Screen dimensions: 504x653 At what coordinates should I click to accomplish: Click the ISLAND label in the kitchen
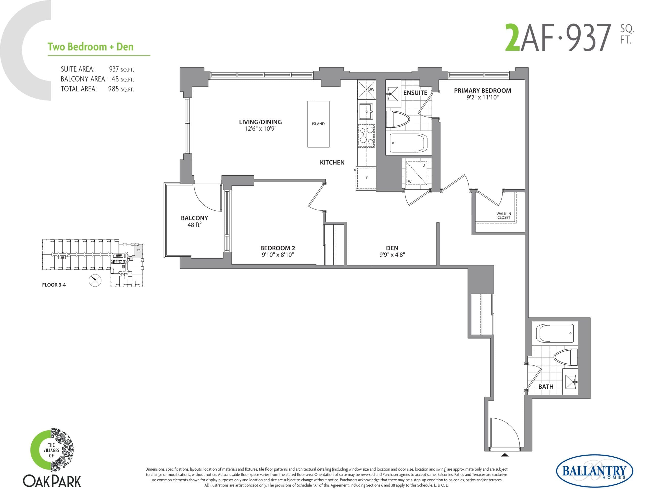click(318, 124)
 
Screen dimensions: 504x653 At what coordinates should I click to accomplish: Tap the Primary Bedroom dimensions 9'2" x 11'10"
click(482, 97)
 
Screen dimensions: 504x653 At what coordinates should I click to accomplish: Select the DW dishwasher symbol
click(371, 89)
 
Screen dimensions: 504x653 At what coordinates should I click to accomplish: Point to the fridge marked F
click(367, 178)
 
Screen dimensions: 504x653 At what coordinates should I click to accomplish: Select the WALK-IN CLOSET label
click(504, 215)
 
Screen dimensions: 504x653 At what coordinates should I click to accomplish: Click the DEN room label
click(392, 248)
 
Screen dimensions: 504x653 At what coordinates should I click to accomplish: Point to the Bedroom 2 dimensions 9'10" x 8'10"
click(278, 255)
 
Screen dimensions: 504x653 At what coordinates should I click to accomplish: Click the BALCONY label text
click(194, 218)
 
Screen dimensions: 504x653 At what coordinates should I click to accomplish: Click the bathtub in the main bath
click(555, 334)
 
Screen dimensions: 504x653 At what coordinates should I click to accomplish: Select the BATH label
click(546, 387)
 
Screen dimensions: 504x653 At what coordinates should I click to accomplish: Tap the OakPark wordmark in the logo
click(52, 481)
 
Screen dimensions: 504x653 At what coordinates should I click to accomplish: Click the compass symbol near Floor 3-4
click(95, 281)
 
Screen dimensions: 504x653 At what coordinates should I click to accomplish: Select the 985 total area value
click(113, 89)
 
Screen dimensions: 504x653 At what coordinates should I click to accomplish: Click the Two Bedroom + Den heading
click(90, 47)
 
